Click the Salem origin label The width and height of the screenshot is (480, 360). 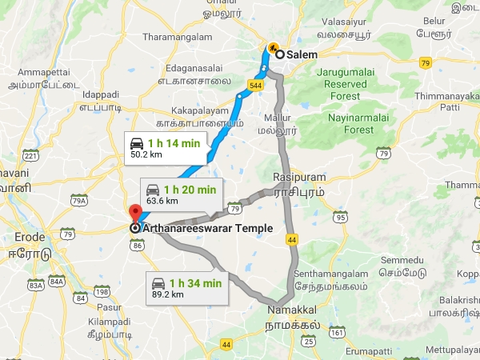[302, 54]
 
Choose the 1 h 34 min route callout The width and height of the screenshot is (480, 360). [188, 287]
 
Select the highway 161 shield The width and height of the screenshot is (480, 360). [337, 331]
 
